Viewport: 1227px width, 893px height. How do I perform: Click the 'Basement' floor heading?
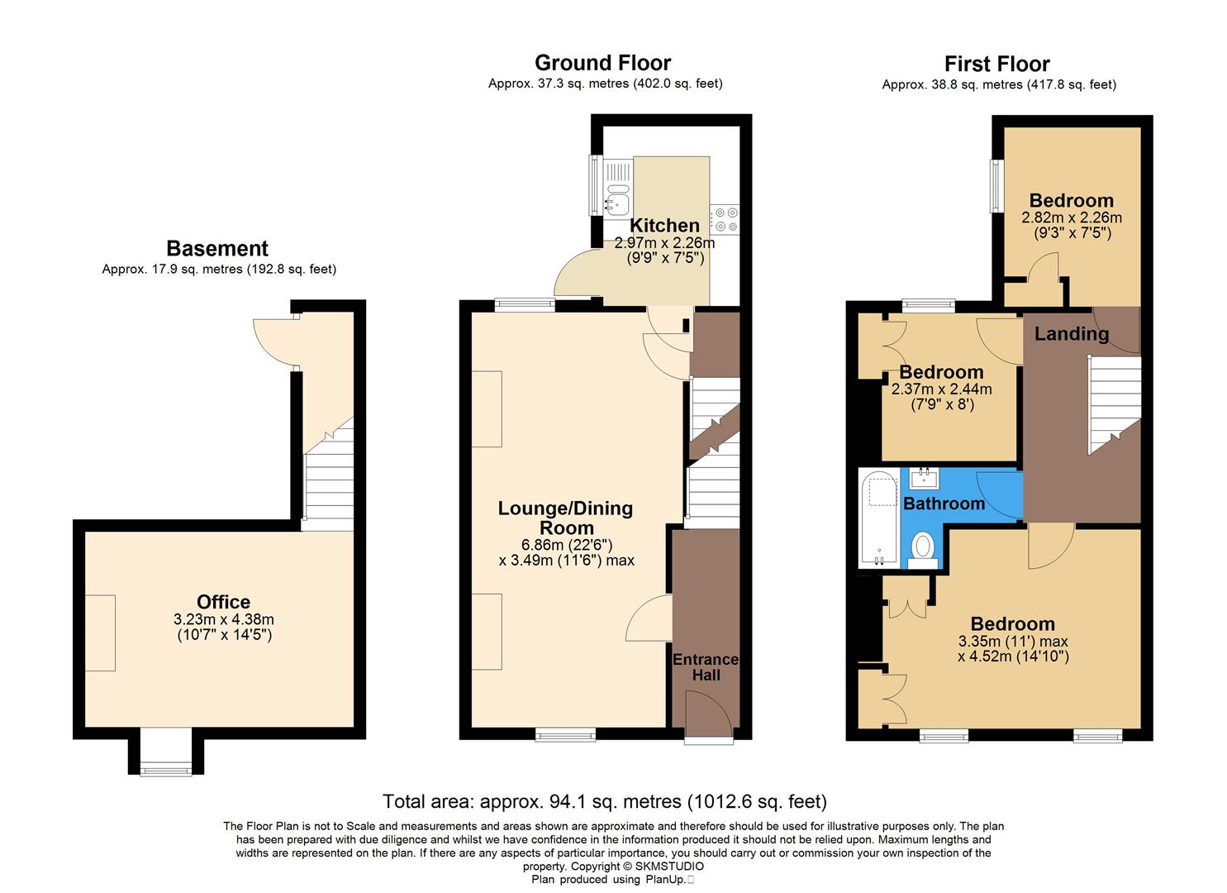217,248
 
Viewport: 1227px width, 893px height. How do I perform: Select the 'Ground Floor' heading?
602,63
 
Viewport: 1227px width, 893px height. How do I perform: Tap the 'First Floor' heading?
996,64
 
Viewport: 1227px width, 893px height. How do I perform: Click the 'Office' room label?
223,602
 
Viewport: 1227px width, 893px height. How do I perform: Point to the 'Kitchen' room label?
664,225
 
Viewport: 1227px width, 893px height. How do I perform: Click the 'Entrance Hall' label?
705,667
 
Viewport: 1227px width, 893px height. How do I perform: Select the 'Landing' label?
1071,333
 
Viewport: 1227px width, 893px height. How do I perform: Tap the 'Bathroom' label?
944,503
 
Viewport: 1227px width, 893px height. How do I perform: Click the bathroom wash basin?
923,477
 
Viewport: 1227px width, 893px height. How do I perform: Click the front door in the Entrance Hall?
707,713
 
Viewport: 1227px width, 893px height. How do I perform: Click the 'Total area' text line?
604,801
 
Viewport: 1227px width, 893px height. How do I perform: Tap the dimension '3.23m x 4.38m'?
224,619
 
